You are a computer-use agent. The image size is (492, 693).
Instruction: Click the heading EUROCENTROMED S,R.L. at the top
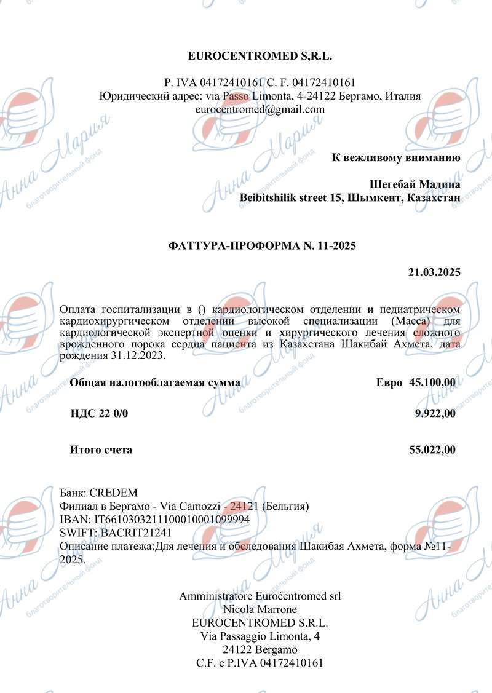tap(260, 57)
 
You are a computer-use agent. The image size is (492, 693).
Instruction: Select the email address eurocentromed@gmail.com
tap(260, 109)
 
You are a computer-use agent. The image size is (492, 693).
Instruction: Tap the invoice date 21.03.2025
tap(434, 272)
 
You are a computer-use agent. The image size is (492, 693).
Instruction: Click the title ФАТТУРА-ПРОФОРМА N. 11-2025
tap(262, 245)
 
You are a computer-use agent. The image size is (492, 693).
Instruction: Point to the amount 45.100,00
tap(432, 382)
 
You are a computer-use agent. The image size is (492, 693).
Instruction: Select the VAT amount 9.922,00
tap(435, 413)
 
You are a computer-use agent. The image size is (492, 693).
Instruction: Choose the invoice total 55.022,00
tap(432, 450)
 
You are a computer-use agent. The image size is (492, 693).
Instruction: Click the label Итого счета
tap(101, 450)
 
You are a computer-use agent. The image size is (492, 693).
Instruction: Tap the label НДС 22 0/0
tap(100, 413)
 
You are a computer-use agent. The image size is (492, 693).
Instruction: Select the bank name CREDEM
tap(114, 493)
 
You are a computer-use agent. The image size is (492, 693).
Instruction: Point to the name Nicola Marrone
tap(260, 609)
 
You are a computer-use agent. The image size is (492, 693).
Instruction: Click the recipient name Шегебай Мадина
tap(415, 184)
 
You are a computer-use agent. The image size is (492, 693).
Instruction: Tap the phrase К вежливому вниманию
tap(396, 157)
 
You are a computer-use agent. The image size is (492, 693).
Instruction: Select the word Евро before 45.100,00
tap(389, 382)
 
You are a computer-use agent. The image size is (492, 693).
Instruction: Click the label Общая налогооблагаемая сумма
tap(155, 382)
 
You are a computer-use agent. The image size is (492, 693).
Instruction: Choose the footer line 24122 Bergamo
tap(260, 649)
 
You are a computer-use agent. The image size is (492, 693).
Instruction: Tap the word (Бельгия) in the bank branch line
tap(285, 507)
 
